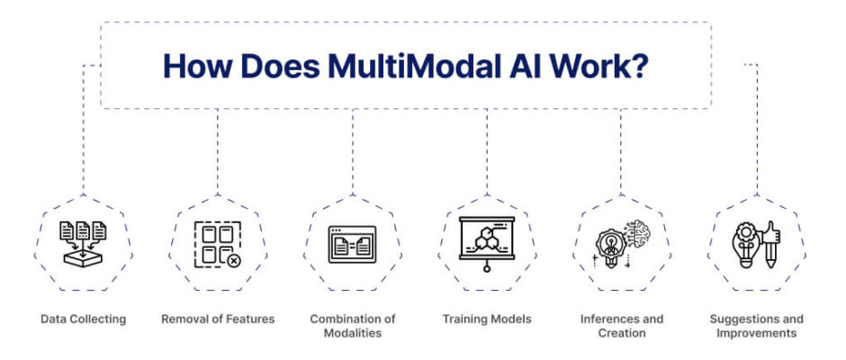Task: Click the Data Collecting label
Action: coord(84,319)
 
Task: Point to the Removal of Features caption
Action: coord(218,319)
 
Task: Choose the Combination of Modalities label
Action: coord(352,326)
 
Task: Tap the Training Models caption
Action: coord(487,319)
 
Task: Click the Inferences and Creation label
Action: coord(622,326)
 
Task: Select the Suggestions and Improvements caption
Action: coord(756,326)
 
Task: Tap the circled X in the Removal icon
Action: coord(234,261)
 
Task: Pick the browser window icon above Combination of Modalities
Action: coord(352,245)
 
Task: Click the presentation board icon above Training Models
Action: coord(487,244)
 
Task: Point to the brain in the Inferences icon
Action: coord(637,232)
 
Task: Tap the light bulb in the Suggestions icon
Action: coord(745,245)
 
